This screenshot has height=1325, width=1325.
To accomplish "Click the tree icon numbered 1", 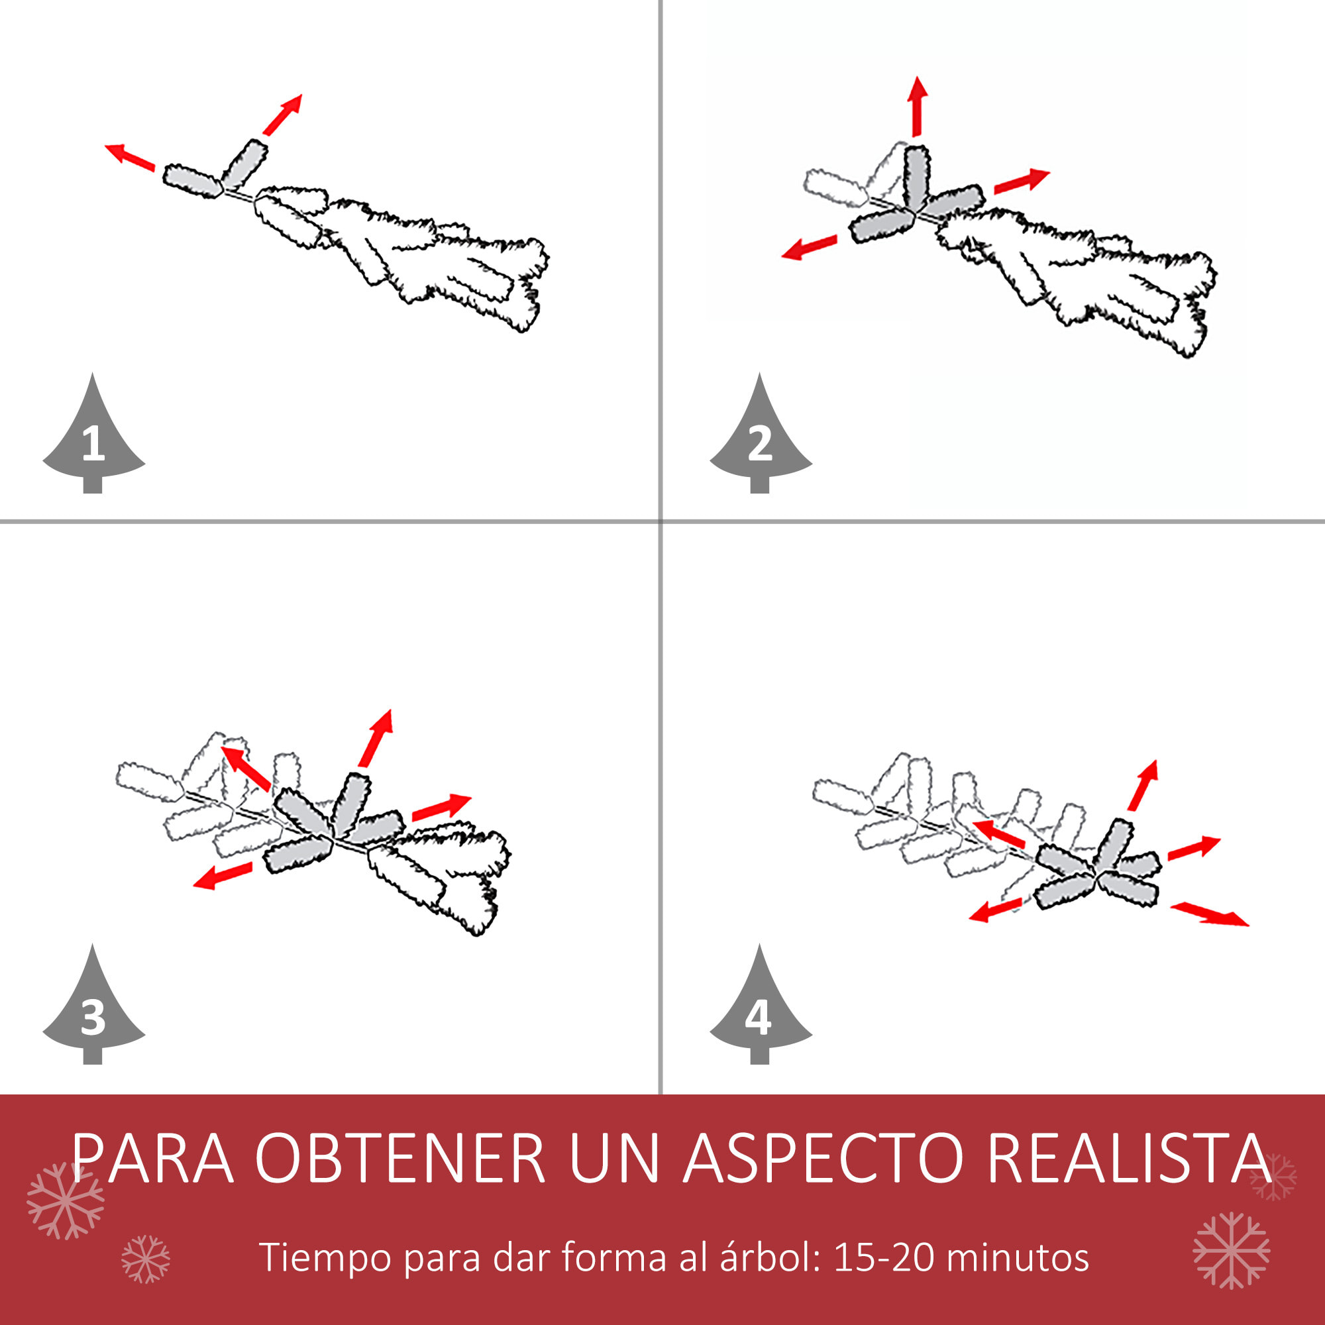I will point(93,439).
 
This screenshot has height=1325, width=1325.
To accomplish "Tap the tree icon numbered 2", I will point(760,439).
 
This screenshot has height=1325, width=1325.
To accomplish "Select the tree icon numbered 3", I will point(93,1010).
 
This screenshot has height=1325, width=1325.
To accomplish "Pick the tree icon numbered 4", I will point(760,1010).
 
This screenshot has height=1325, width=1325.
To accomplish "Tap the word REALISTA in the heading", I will point(1129,1159).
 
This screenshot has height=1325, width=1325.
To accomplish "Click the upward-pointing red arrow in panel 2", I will point(917,106).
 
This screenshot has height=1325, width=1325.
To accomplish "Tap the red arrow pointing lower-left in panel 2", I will point(810,248).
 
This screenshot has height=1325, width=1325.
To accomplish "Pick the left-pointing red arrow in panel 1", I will point(130,157).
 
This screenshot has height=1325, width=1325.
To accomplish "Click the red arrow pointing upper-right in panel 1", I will point(283,115).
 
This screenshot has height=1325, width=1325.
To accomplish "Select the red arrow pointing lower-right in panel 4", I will point(1209,915).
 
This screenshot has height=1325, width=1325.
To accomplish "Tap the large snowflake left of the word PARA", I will point(65,1201).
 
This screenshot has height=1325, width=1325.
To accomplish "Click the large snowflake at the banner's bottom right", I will point(1231,1250).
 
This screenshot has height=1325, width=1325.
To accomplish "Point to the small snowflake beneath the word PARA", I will point(145,1259).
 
